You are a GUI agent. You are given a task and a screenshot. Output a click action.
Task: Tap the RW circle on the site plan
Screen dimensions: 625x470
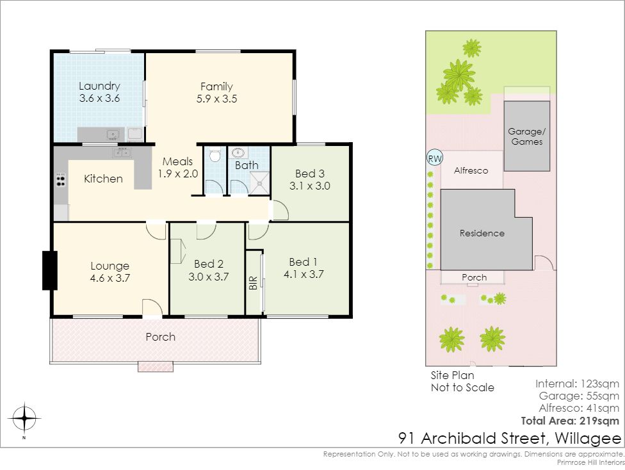(x=434, y=158)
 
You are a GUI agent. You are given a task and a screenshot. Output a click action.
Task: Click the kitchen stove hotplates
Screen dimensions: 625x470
(x=61, y=180)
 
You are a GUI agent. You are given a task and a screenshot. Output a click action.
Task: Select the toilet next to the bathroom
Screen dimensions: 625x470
(x=215, y=155)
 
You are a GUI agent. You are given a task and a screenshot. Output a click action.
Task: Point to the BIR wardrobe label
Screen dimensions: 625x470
(x=253, y=283)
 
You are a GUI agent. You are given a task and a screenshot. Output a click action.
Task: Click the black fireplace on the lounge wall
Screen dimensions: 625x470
(x=50, y=270)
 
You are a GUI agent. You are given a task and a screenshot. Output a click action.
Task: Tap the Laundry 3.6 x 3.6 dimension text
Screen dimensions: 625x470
(x=100, y=98)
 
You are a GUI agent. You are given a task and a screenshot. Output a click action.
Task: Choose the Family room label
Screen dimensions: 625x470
(x=216, y=86)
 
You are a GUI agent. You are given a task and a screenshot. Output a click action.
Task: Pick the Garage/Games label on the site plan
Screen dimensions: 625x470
(x=526, y=136)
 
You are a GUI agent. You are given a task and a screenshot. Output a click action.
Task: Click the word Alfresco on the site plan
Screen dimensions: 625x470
(x=471, y=170)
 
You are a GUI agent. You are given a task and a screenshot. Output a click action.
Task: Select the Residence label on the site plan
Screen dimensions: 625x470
(x=482, y=233)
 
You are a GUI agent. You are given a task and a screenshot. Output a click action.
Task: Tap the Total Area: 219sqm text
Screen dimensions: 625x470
(x=570, y=421)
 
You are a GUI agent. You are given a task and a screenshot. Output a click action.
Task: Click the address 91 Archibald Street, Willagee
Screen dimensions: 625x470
(x=510, y=439)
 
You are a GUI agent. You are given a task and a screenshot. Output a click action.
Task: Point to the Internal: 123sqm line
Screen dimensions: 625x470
(x=577, y=384)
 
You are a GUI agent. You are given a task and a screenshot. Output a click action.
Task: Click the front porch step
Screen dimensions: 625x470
(x=156, y=366)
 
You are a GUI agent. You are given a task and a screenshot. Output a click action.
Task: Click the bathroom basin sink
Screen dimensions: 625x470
(x=238, y=152)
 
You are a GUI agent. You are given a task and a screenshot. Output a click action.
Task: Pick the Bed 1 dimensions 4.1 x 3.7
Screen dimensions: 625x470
(x=304, y=274)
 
